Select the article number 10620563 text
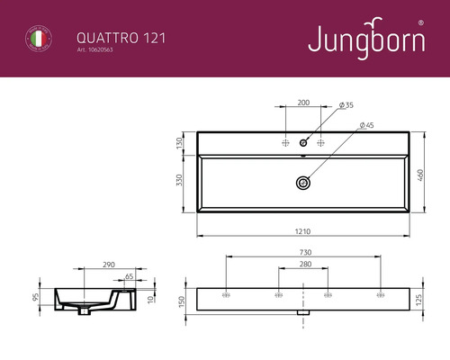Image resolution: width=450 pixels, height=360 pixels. (100, 51)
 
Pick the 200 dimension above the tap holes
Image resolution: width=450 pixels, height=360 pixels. (304, 104)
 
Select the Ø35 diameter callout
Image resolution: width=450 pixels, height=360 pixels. (346, 105)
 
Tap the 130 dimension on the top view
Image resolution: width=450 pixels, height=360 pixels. (180, 143)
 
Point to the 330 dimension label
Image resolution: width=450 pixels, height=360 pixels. (180, 183)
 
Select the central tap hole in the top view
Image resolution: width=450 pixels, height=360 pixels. (304, 142)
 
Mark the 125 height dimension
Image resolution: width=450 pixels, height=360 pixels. (419, 300)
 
